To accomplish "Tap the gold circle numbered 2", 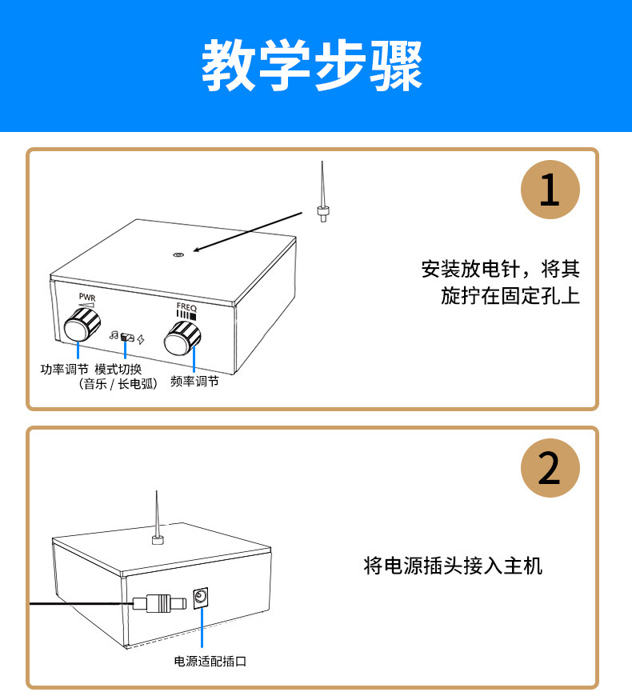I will pyautogui.click(x=550, y=469).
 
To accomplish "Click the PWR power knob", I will pyautogui.click(x=78, y=326).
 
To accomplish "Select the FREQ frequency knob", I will pyautogui.click(x=182, y=340).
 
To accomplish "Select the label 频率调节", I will pyautogui.click(x=194, y=382).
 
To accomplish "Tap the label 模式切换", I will pyautogui.click(x=118, y=370).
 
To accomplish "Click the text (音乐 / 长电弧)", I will pyautogui.click(x=118, y=384).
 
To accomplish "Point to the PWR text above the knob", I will pyautogui.click(x=86, y=297).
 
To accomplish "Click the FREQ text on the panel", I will pyautogui.click(x=186, y=306).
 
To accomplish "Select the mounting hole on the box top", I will pyautogui.click(x=178, y=255).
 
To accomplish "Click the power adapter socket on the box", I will pyautogui.click(x=201, y=598).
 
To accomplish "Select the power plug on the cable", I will pyautogui.click(x=159, y=602).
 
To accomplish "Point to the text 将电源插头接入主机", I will pyautogui.click(x=453, y=566).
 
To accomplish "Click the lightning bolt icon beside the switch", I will pyautogui.click(x=142, y=340).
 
